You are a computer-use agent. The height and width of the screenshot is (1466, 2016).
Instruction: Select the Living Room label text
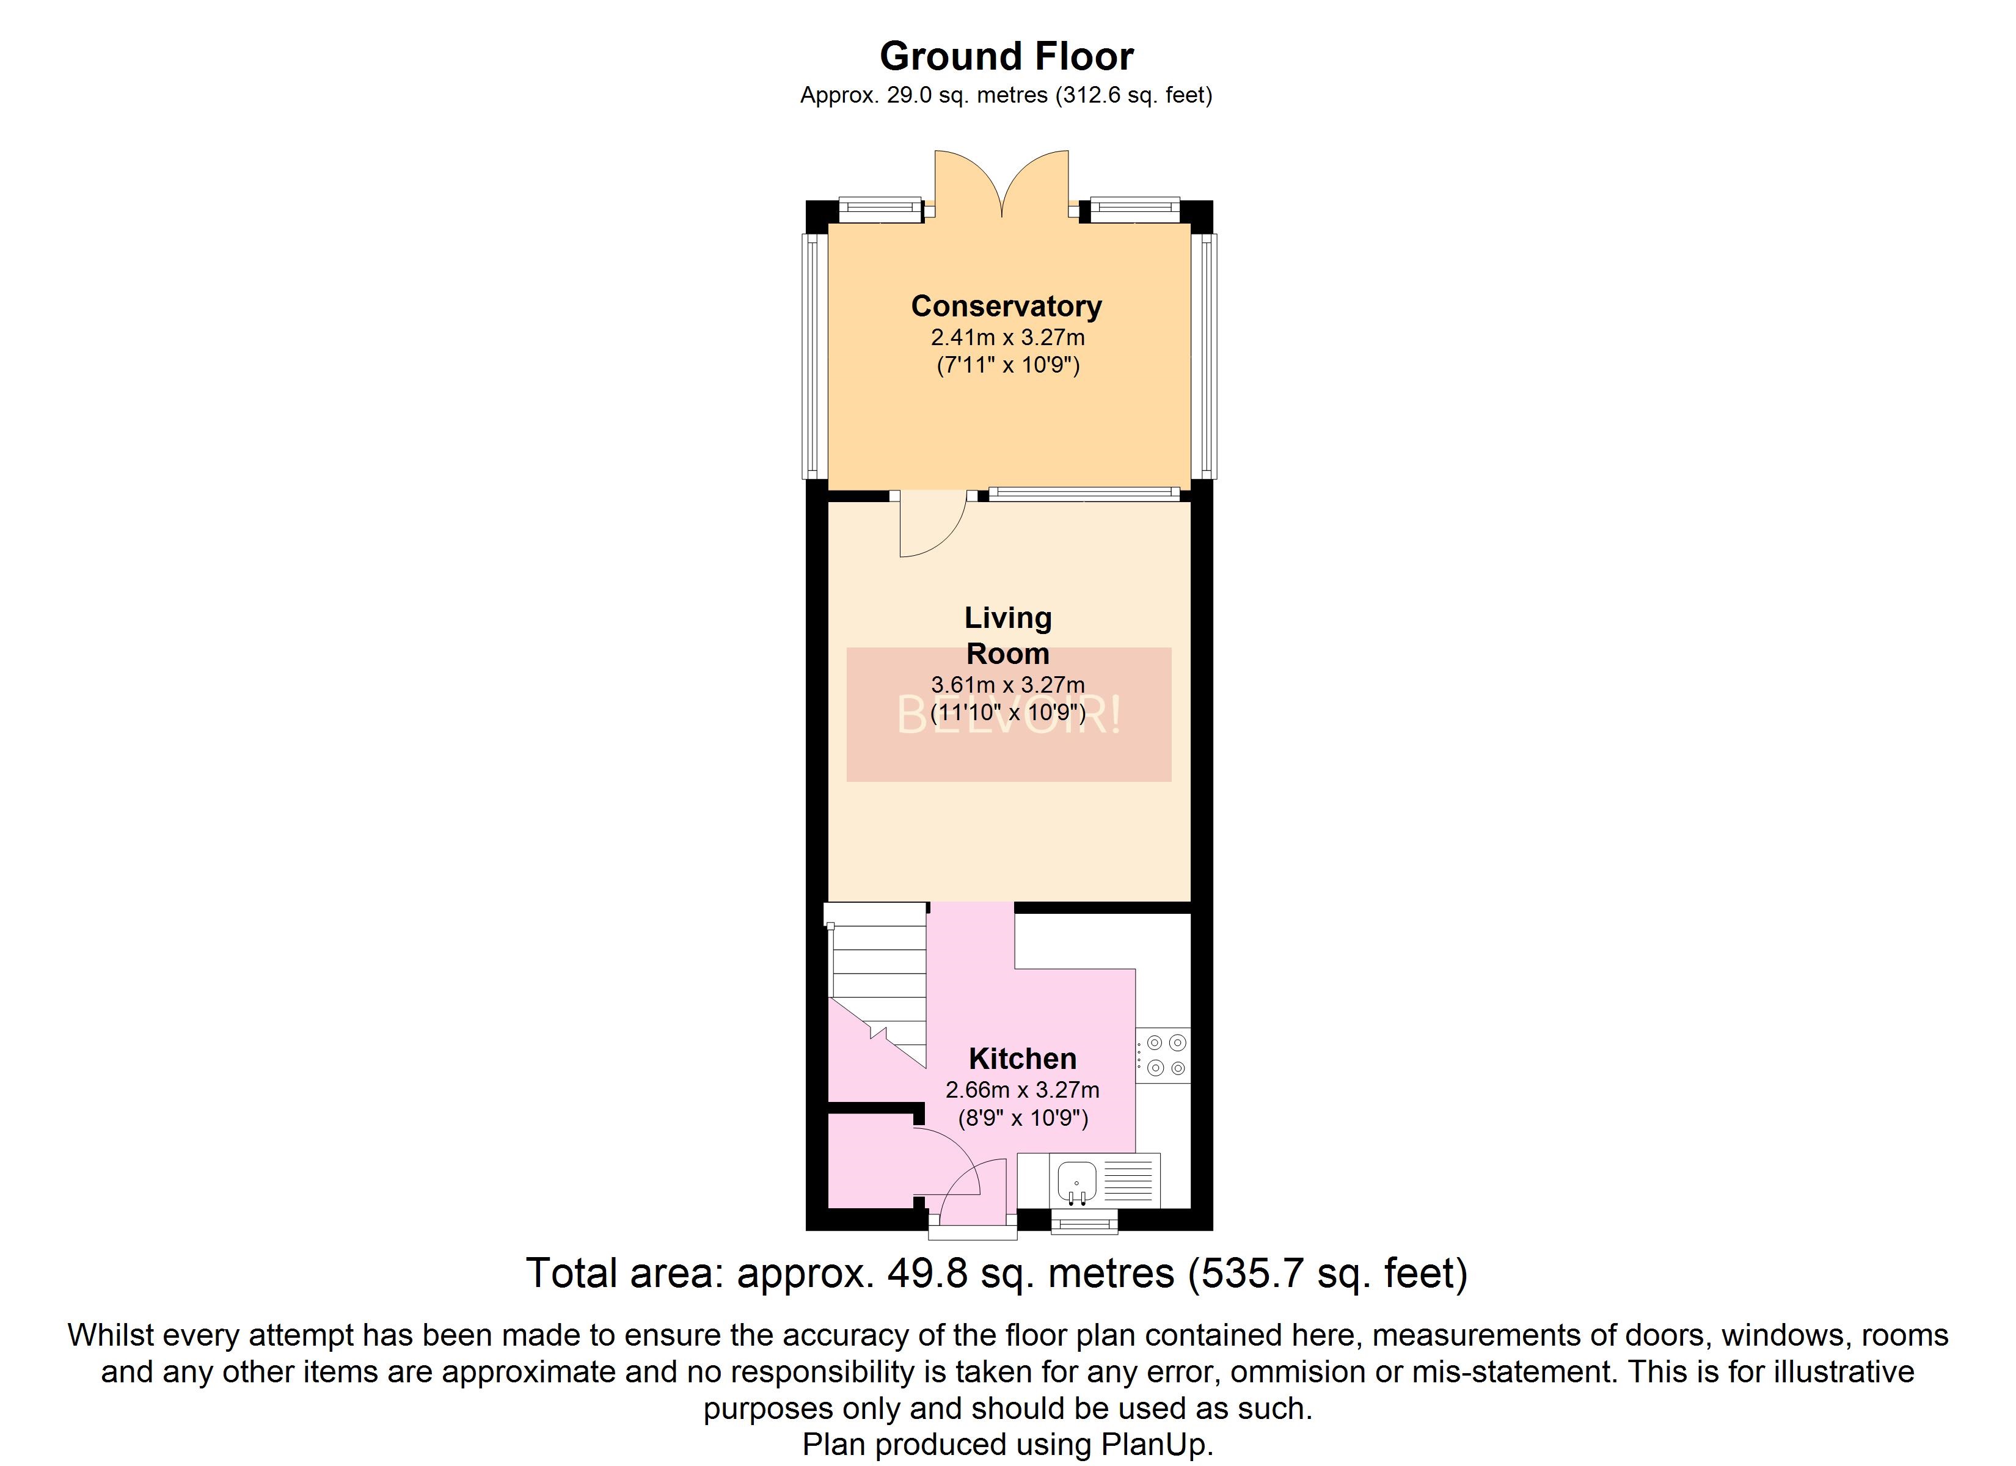(1008, 636)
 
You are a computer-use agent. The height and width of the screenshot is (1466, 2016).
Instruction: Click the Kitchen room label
(1022, 1058)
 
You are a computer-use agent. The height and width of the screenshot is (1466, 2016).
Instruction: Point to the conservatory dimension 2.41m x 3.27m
(1008, 338)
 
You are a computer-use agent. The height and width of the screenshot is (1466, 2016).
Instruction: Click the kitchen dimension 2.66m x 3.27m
(1022, 1090)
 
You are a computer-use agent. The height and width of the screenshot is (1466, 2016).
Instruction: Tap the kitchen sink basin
(1077, 1181)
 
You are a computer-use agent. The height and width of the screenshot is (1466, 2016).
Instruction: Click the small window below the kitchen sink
(1084, 1225)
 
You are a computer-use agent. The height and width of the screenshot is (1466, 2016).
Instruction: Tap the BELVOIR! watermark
(1009, 715)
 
